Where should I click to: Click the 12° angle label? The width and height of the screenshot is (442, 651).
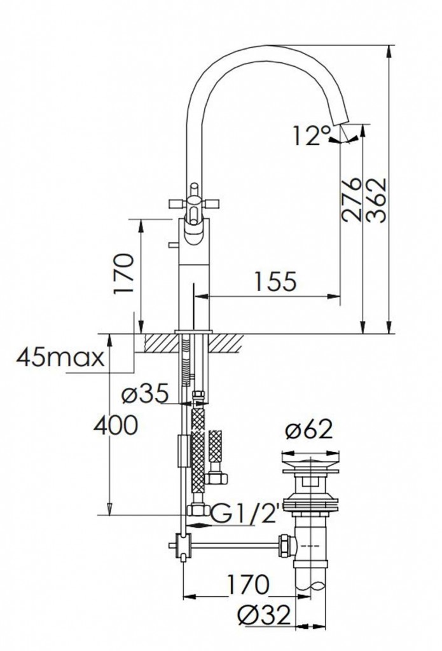click(x=312, y=136)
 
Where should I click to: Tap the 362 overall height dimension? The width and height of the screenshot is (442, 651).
click(x=376, y=200)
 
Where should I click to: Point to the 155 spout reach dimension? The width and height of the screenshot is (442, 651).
click(x=275, y=282)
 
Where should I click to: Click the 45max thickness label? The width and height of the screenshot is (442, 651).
click(x=60, y=357)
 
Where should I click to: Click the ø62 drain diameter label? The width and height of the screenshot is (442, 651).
click(x=309, y=430)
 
